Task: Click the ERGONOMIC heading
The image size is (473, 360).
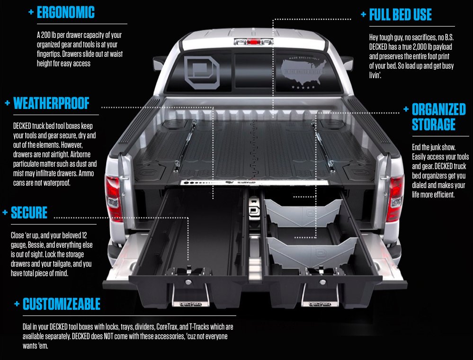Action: point(65,13)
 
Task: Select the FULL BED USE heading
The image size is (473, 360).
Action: point(400,15)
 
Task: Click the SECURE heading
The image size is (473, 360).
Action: point(29,213)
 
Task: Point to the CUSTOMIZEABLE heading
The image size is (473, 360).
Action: point(62,304)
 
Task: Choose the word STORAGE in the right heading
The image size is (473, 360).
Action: point(433,125)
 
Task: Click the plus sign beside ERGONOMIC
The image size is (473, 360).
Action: point(31,12)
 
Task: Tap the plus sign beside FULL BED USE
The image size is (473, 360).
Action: point(363,14)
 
